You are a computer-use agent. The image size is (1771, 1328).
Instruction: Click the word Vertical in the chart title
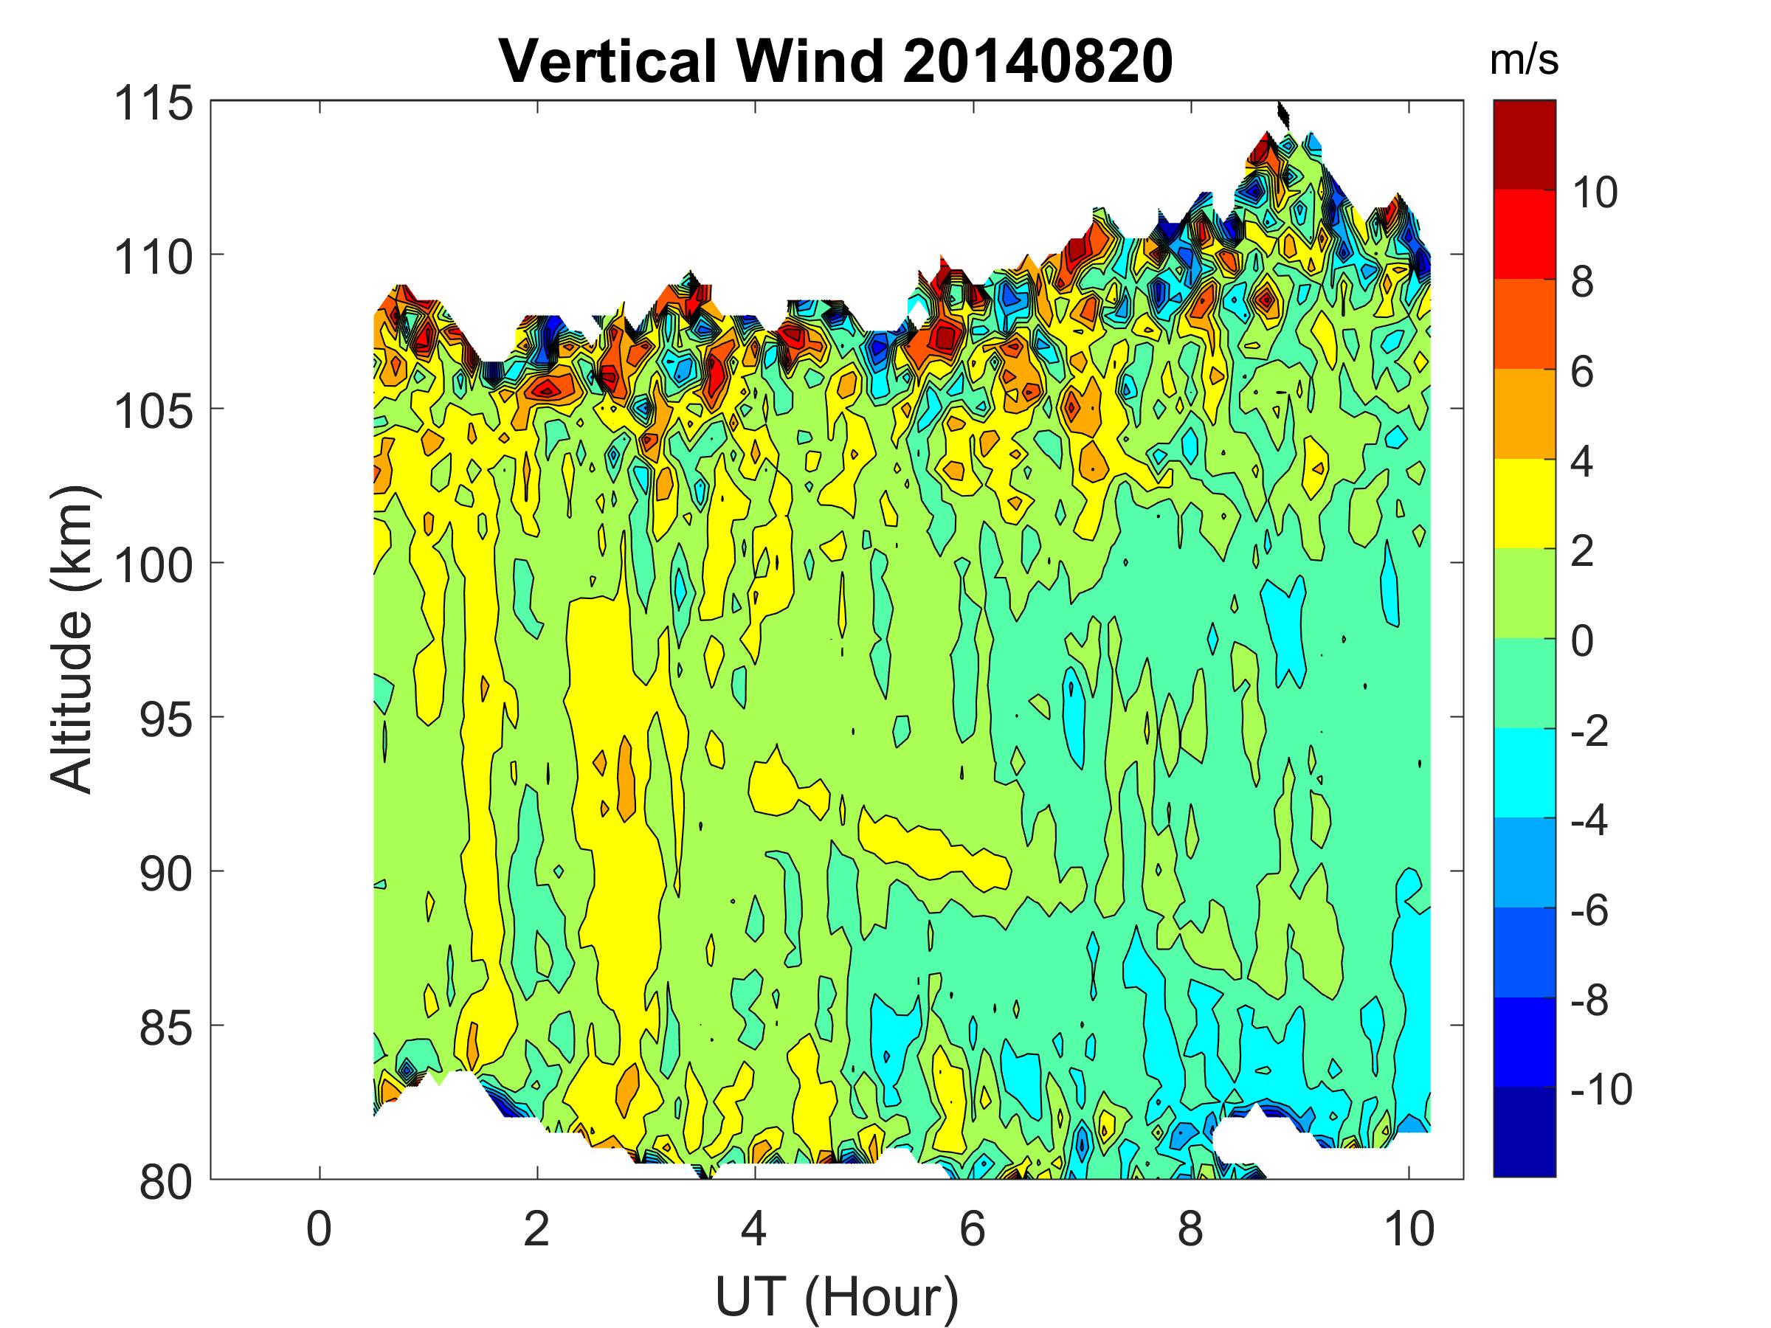tap(607, 62)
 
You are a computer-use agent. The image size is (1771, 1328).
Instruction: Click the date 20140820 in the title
tap(1037, 62)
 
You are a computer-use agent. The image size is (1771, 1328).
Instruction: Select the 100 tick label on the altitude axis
tap(153, 566)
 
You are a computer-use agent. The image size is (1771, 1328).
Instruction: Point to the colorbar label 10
tap(1594, 193)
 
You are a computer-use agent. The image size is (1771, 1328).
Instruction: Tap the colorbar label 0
tap(1582, 642)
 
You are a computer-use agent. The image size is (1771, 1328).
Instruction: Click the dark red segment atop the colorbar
tap(1524, 145)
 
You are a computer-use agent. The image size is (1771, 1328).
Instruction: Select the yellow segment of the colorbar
tap(1524, 503)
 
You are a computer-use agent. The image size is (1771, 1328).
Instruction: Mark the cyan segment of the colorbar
tap(1524, 772)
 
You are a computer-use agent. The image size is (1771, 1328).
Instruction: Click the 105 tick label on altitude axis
tap(153, 412)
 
